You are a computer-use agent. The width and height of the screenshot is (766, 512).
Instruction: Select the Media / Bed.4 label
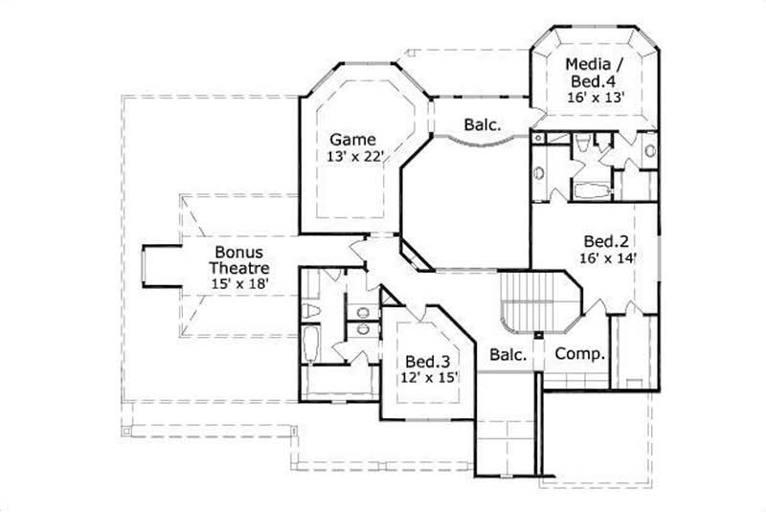(595, 72)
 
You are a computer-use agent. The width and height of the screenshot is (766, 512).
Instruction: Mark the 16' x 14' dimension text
(604, 256)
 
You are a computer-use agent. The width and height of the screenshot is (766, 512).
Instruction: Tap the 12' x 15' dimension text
(427, 378)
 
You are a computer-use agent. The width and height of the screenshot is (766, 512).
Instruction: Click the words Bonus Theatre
(238, 259)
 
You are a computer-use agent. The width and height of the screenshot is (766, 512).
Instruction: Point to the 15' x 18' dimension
(238, 283)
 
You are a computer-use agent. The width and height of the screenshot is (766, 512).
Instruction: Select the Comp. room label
(580, 353)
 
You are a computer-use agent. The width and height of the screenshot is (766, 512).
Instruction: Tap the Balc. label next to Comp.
(508, 354)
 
